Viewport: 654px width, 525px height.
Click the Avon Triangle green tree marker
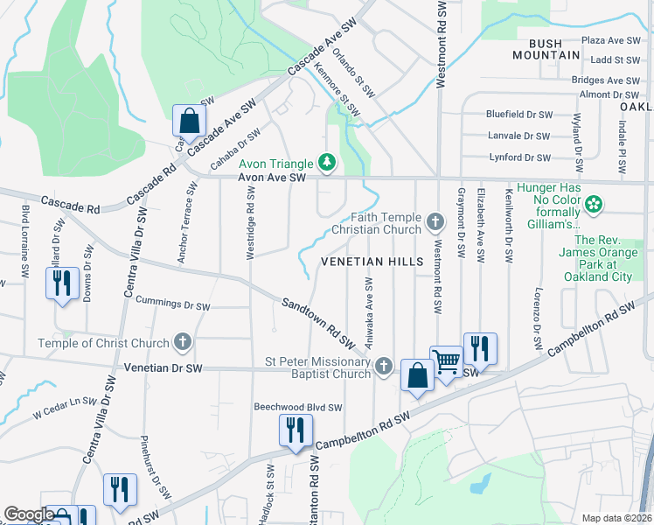[327, 163]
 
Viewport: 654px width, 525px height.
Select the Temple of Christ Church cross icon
[182, 341]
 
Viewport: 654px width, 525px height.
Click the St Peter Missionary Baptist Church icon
[383, 368]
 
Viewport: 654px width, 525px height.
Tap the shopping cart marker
[447, 361]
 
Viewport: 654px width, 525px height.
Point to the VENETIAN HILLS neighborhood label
[372, 262]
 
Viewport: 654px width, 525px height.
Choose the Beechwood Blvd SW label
[297, 407]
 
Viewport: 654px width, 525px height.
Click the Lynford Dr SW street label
[519, 157]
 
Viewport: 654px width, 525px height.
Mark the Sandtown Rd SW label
[317, 320]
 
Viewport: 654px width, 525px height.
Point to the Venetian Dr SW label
[163, 368]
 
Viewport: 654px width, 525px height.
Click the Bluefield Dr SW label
[519, 114]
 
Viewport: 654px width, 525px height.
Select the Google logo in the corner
[28, 514]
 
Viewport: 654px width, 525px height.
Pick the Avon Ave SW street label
[273, 178]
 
